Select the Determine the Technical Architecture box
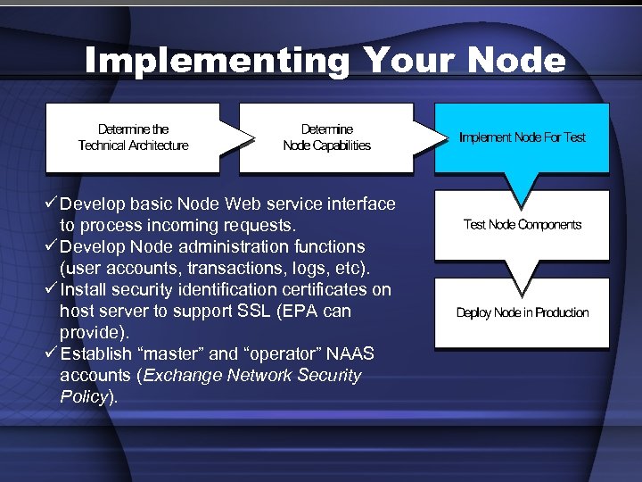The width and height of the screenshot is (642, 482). coord(133,137)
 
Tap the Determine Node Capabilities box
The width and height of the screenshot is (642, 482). coord(326,137)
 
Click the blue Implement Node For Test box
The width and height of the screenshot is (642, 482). coord(522,137)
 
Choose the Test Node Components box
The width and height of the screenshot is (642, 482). coord(522,225)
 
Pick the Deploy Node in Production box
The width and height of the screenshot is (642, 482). coord(522,312)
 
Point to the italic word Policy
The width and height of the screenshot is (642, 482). coord(84,396)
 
